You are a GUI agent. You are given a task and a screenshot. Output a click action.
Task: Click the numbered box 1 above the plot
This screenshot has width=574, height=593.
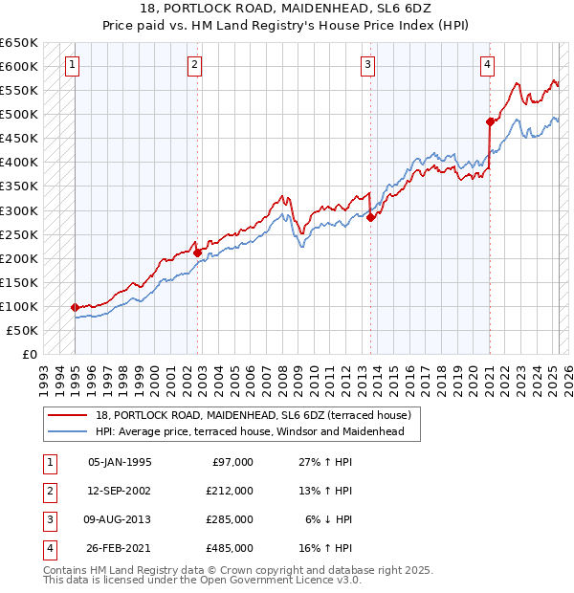(73, 65)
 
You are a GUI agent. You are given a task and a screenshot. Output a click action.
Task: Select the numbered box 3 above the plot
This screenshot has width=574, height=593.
(368, 65)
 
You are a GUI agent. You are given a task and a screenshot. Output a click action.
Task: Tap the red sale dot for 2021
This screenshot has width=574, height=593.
(490, 121)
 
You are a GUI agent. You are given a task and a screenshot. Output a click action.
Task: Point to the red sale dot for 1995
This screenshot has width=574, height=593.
(75, 307)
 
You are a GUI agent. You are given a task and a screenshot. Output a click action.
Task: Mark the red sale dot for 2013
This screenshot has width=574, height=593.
(371, 217)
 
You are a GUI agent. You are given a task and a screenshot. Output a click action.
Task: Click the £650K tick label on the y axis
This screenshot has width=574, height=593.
(19, 43)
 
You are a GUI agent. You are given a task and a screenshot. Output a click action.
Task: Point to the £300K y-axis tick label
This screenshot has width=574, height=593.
(19, 210)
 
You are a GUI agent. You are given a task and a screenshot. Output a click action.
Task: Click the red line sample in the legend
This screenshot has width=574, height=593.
(68, 415)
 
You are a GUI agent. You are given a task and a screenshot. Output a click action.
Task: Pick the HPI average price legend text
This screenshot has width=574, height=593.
(250, 431)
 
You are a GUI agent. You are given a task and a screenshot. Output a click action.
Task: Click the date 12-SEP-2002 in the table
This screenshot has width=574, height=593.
(120, 491)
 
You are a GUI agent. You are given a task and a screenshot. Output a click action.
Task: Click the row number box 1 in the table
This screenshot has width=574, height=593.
(49, 462)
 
